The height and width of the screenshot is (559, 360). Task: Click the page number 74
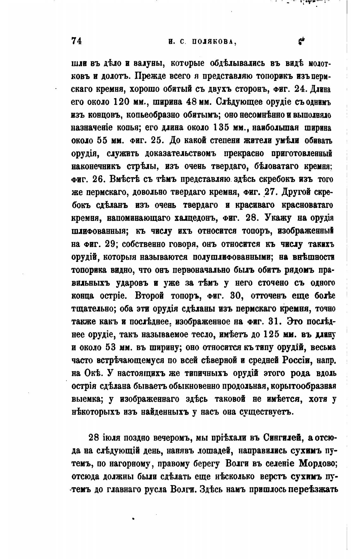click(x=77, y=41)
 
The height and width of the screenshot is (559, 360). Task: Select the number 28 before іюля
click(x=94, y=438)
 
